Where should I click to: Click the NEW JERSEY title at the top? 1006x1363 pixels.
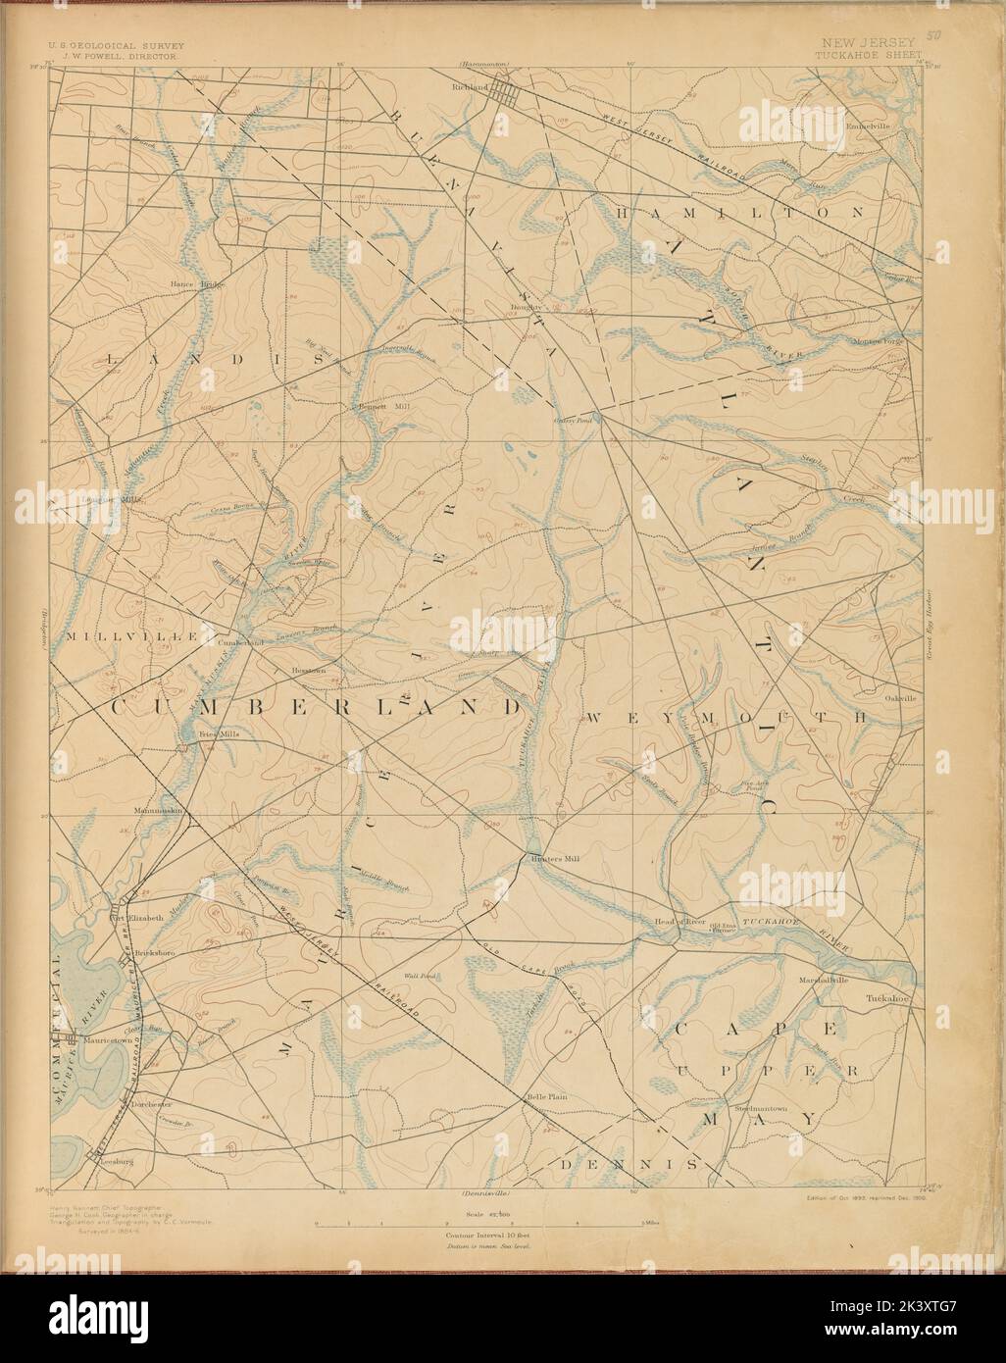tap(867, 42)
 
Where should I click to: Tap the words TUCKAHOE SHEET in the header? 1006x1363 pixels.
tap(867, 56)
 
